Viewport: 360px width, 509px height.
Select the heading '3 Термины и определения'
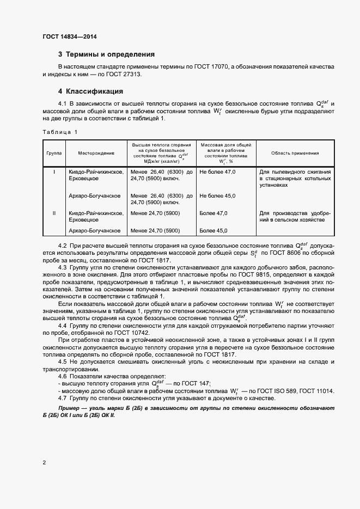106,54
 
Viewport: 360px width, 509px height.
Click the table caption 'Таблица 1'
60,132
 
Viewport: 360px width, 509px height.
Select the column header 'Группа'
53,154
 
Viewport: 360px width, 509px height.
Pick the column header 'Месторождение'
95,154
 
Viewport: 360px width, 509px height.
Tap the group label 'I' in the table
53,172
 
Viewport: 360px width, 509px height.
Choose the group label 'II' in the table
53,213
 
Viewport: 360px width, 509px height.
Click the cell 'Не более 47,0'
217,172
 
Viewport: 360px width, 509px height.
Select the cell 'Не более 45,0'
217,196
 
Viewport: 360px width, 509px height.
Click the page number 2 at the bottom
44,463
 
